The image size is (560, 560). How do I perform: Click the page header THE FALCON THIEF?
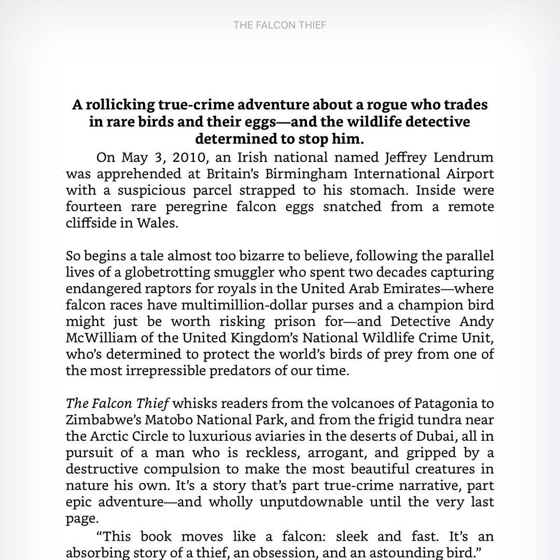pos(279,25)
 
